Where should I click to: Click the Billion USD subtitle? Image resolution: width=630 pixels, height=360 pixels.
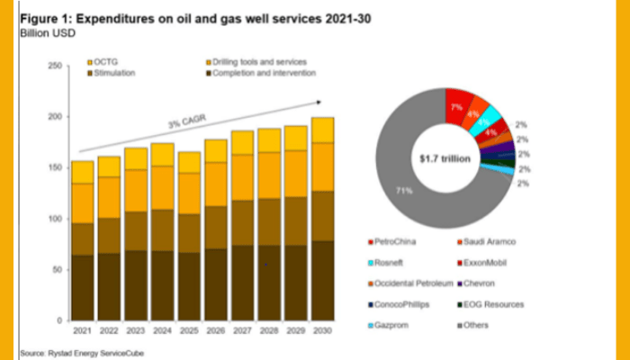pyautogui.click(x=41, y=31)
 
